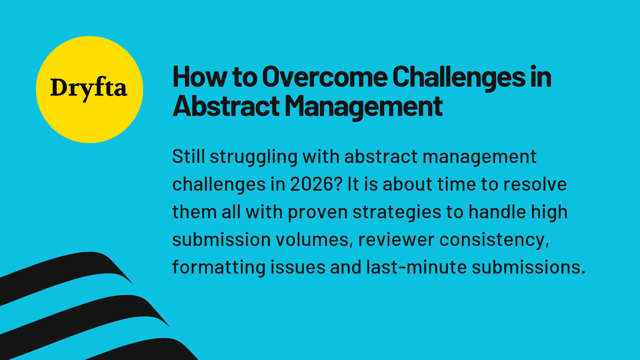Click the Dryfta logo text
(89, 88)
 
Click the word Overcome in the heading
(325, 77)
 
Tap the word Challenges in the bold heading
(459, 77)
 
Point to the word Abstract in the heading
(226, 107)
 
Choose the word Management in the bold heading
(363, 107)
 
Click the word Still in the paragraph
(188, 156)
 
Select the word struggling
(253, 157)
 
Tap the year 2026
(316, 184)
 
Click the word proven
(318, 213)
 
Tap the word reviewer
(396, 240)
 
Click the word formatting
(219, 268)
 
